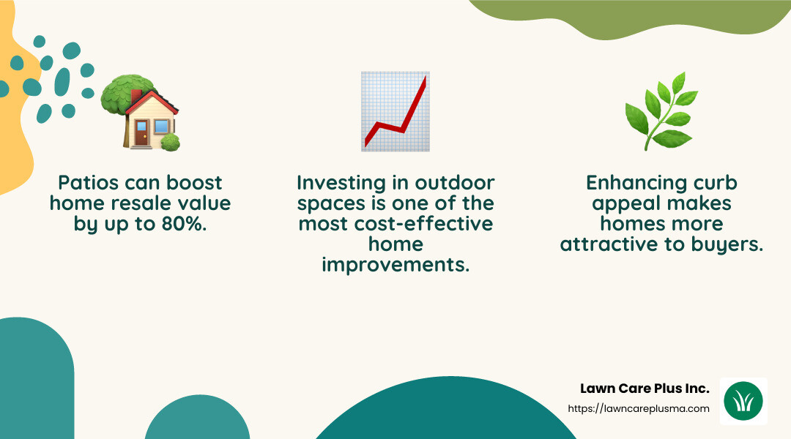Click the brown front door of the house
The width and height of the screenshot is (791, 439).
click(x=140, y=135)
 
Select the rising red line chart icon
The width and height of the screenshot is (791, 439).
click(x=395, y=112)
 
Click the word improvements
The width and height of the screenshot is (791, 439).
click(x=395, y=264)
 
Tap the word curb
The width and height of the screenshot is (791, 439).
click(x=713, y=182)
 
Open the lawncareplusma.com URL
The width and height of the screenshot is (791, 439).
click(x=639, y=408)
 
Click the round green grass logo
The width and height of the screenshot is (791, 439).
click(x=743, y=402)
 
